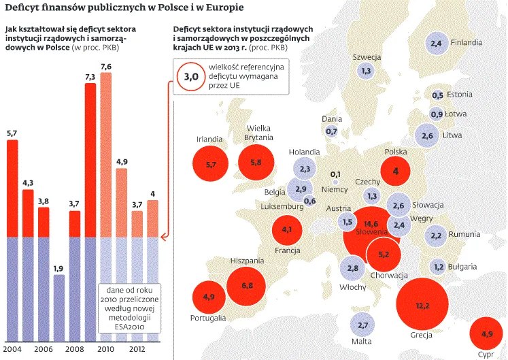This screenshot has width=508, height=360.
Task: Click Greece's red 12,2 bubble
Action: pos(422,305)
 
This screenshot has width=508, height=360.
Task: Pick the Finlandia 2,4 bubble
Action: pos(436,44)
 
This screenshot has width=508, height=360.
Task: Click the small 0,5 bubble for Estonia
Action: pos(437,95)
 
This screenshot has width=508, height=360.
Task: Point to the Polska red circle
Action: pos(395,172)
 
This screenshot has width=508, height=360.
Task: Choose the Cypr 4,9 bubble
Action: pos(486,334)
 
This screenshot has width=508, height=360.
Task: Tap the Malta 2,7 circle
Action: pos(362,325)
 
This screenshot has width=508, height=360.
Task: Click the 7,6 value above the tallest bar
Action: pos(106,66)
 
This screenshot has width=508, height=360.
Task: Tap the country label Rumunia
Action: pos(464,235)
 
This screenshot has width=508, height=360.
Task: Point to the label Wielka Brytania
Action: pos(259,132)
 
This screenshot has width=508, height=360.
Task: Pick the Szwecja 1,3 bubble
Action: pos(366,70)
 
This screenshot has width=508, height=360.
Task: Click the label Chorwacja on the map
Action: pos(389,276)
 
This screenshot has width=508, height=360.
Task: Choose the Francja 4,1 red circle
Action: pos(286,230)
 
